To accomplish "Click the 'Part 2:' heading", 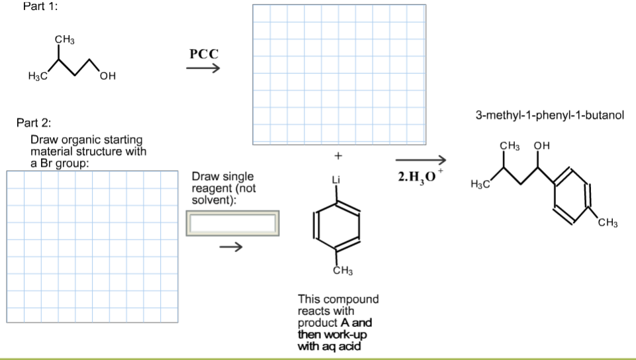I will [33, 123].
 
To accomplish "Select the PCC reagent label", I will [204, 54].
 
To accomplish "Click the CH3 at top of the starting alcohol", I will [64, 40].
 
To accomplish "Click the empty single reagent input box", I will [232, 223].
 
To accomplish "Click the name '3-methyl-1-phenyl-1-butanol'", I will [549, 115].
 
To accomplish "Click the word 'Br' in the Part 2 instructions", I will [46, 163].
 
